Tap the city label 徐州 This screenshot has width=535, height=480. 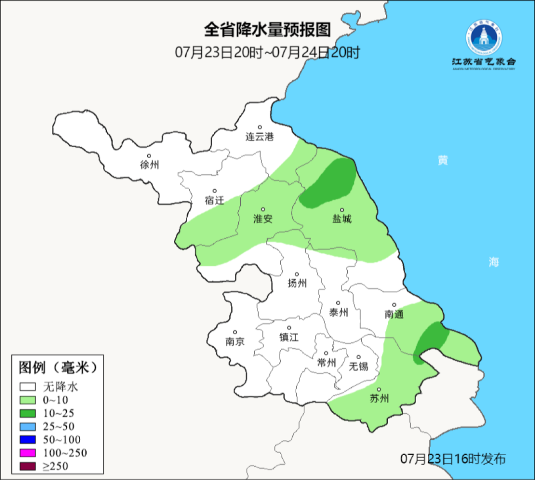pos(150,165)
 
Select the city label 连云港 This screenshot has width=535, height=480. pos(260,137)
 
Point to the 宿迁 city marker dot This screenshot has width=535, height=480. pos(215,191)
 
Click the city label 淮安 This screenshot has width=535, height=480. pos(263,218)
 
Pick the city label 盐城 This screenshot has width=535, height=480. pos(341,218)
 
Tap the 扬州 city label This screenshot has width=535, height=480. pos(297,283)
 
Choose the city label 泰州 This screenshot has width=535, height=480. pos(339,312)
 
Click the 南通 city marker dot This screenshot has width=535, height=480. pos(394,305)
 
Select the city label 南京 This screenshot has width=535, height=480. pos(235,341)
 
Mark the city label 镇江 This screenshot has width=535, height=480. pos(289,337)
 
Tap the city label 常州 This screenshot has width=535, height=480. pos(326,363)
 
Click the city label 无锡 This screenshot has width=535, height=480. pos(358,366)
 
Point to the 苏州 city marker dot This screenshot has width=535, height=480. pos(379,390)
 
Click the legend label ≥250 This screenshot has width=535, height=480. pos(55,466)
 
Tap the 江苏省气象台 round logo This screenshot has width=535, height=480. pos(483,38)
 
